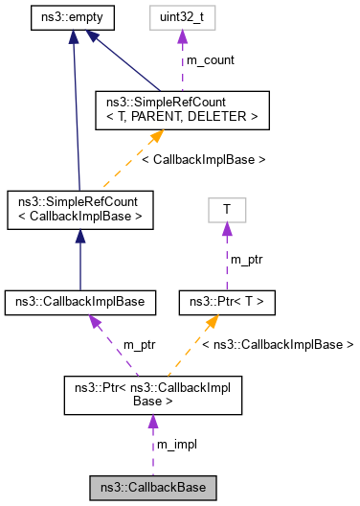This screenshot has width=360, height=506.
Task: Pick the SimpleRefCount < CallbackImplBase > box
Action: point(80,208)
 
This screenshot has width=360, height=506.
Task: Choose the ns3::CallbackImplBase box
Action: point(80,302)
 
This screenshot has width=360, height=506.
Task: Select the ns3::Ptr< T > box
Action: point(227,302)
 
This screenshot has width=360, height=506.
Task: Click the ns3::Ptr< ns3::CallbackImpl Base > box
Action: point(153,395)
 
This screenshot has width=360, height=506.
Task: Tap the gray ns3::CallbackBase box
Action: point(153,488)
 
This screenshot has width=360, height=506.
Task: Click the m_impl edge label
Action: point(178,445)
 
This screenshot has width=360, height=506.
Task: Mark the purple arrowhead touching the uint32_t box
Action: point(183,36)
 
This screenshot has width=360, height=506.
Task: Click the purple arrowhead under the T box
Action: point(227,228)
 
